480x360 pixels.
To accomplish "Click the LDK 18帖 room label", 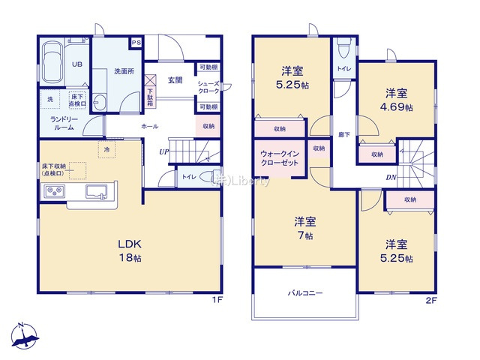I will [129, 250].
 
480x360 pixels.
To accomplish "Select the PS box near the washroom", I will [136, 43].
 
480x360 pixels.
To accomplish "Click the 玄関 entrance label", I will [175, 80].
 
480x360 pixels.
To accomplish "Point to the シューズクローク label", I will [208, 87].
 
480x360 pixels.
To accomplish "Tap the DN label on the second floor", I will [391, 177].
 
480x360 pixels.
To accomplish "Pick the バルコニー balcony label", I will [305, 293].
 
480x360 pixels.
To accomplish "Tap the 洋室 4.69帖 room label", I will [397, 100].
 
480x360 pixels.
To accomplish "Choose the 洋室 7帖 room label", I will [304, 228].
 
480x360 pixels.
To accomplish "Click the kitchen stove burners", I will [54, 192].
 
